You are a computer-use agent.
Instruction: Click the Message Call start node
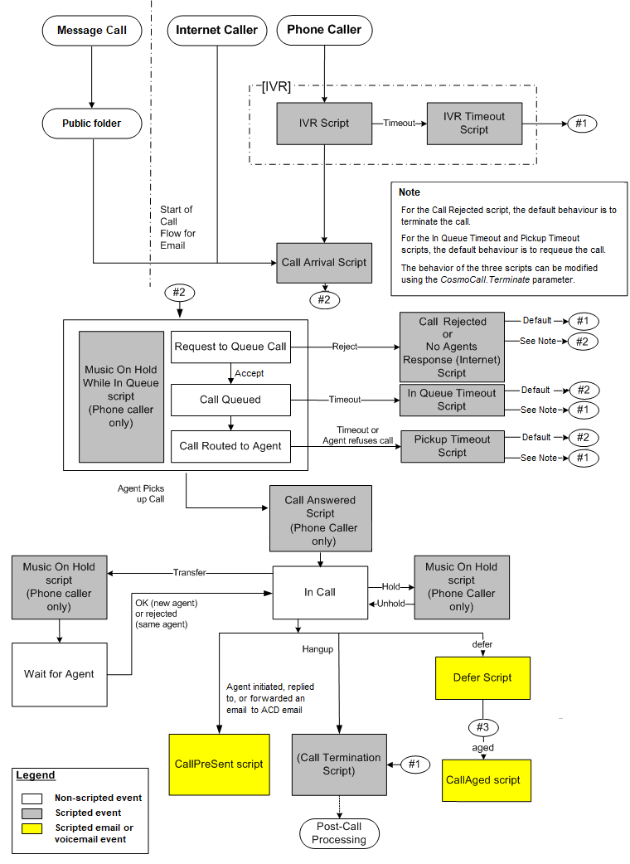point(92,31)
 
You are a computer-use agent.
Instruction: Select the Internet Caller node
point(217,30)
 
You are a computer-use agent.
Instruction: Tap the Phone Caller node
point(324,30)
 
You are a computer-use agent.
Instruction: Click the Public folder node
point(92,124)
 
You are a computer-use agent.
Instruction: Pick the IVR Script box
point(324,123)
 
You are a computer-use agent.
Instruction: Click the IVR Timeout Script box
point(474,123)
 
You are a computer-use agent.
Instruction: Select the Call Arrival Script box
point(323,262)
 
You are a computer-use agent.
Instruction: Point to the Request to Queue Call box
point(230,347)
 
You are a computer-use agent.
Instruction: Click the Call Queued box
point(230,400)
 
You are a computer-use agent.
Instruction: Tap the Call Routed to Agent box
point(230,446)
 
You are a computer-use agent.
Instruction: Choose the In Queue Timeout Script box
point(452,400)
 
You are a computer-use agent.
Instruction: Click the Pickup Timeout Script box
point(452,446)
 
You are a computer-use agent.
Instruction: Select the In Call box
point(320,592)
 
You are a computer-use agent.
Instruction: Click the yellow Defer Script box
point(482,677)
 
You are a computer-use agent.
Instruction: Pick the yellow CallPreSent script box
point(218,764)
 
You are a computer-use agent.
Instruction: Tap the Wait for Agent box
point(59,674)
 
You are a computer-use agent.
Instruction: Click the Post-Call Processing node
point(339,833)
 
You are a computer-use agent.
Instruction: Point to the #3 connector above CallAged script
point(482,727)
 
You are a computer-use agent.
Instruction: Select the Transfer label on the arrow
point(189,572)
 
